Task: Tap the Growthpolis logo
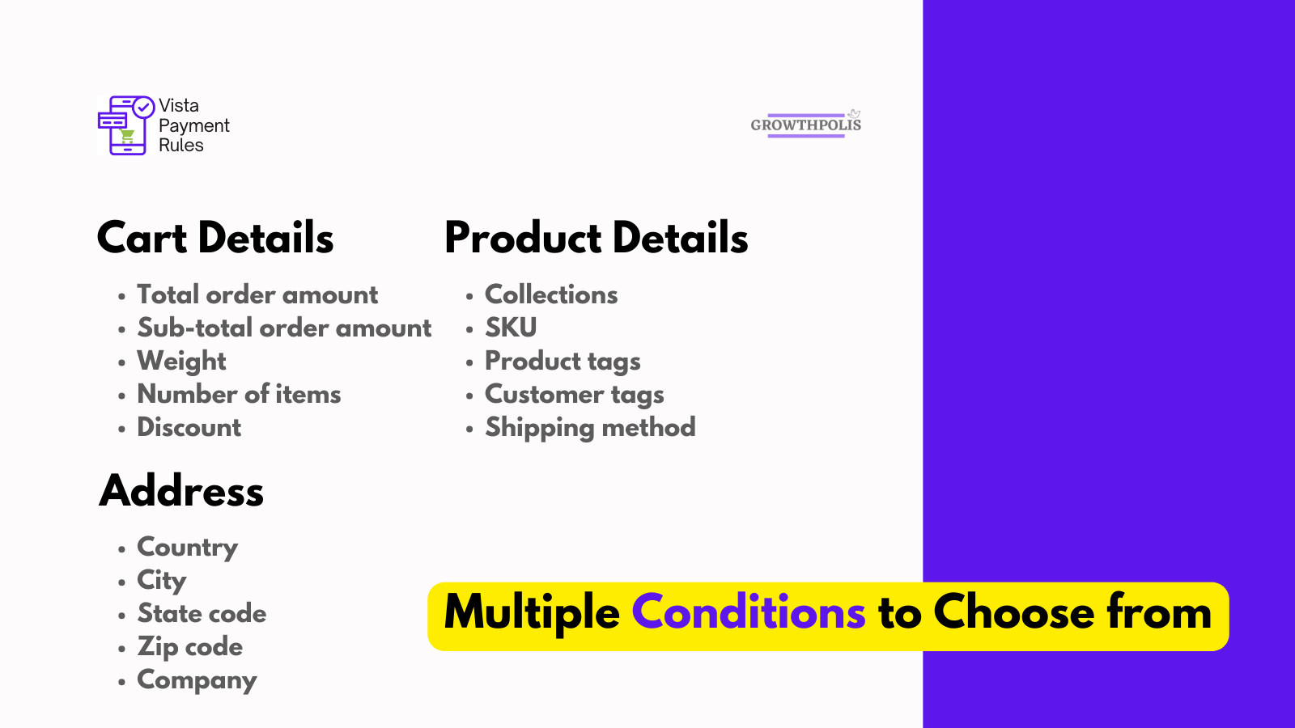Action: (x=805, y=125)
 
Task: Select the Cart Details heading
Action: (x=215, y=238)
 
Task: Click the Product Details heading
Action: (x=597, y=238)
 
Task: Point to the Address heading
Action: (x=181, y=491)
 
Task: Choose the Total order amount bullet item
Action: (x=257, y=295)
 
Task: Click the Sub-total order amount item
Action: (x=284, y=328)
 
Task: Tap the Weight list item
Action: (x=181, y=362)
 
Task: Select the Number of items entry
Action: (x=239, y=395)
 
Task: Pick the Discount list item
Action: (x=189, y=428)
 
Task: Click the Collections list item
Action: (x=551, y=295)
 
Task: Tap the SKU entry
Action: (x=511, y=328)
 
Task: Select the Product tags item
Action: (x=563, y=362)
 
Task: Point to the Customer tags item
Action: (x=574, y=395)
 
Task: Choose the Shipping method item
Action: (x=590, y=428)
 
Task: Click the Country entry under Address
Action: (x=187, y=548)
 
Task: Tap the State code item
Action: (x=202, y=614)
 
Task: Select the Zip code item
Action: (x=189, y=647)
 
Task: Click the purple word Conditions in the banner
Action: (x=749, y=613)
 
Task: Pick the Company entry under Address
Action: (x=197, y=680)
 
